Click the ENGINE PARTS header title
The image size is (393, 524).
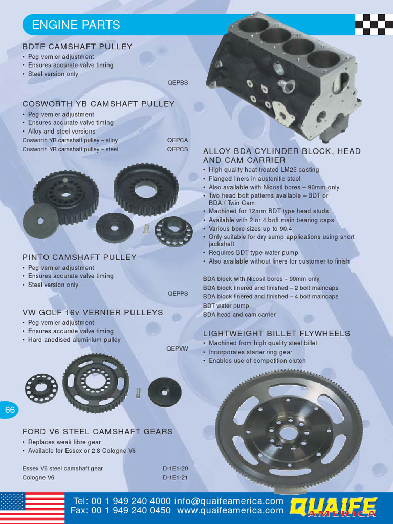coord(76,25)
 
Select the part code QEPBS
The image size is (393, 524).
coord(178,82)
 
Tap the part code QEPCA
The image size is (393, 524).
coord(178,140)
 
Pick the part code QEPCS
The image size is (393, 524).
coord(178,149)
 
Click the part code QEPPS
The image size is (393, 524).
coord(178,294)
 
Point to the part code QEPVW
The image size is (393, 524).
coord(177,348)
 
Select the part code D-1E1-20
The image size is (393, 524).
coord(176,468)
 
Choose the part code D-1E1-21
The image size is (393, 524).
coord(176,477)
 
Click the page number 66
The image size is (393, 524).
coord(10,410)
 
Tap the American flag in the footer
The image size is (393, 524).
coord(32,508)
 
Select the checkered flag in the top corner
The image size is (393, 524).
coord(374,24)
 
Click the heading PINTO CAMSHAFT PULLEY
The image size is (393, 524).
coord(79,257)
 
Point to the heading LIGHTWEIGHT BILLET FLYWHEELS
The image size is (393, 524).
coord(276,334)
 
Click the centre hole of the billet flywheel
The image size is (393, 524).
coord(288,433)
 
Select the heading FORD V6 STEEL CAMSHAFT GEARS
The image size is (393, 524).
coord(98,432)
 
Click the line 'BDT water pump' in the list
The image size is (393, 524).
coord(226,305)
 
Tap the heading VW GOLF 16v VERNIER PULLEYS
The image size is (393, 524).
coord(93,312)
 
